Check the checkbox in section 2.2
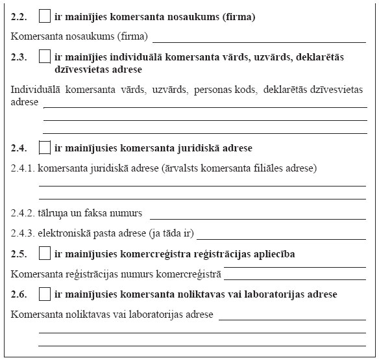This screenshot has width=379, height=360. [45, 16]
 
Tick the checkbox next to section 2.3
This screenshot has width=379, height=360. [45, 57]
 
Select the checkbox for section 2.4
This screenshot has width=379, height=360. [45, 148]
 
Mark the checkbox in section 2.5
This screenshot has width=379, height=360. [45, 253]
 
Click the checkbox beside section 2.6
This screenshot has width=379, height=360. [45, 294]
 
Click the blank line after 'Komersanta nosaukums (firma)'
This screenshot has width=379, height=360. [257, 40]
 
